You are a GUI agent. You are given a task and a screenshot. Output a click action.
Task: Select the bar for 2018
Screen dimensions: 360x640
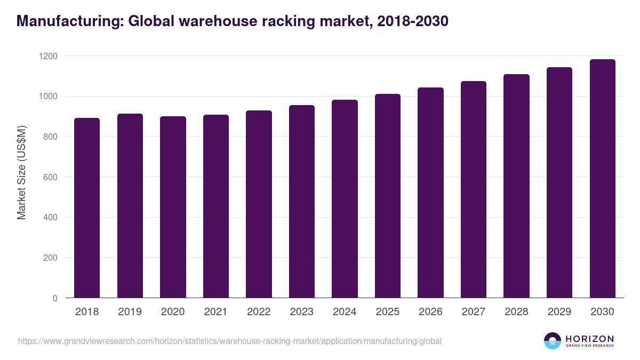[87, 208]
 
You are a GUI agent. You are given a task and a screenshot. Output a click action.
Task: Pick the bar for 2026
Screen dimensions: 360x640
[430, 193]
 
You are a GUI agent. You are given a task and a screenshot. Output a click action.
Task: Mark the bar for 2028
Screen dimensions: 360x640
[516, 186]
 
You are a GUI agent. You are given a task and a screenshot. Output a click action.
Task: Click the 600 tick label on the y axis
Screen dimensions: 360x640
[51, 177]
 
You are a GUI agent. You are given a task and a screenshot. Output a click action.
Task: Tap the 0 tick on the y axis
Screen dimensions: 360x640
[55, 298]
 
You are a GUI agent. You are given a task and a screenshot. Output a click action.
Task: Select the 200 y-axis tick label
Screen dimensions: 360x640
[51, 258]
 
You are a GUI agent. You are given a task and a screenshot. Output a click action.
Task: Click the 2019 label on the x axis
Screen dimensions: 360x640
[130, 312]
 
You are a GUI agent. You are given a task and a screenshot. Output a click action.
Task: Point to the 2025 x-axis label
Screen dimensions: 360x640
[387, 312]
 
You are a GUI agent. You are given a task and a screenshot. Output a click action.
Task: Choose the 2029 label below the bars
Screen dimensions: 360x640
[559, 312]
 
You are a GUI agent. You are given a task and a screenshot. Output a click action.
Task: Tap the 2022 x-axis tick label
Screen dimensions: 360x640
[259, 312]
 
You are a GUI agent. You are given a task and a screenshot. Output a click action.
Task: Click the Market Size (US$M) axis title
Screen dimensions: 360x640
[22, 173]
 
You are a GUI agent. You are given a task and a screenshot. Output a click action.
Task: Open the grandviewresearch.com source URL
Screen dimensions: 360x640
[230, 341]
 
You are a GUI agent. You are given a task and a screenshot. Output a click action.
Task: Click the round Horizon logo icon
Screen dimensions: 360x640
[553, 341]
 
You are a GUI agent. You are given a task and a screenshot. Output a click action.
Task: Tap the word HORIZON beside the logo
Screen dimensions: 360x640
[589, 339]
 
